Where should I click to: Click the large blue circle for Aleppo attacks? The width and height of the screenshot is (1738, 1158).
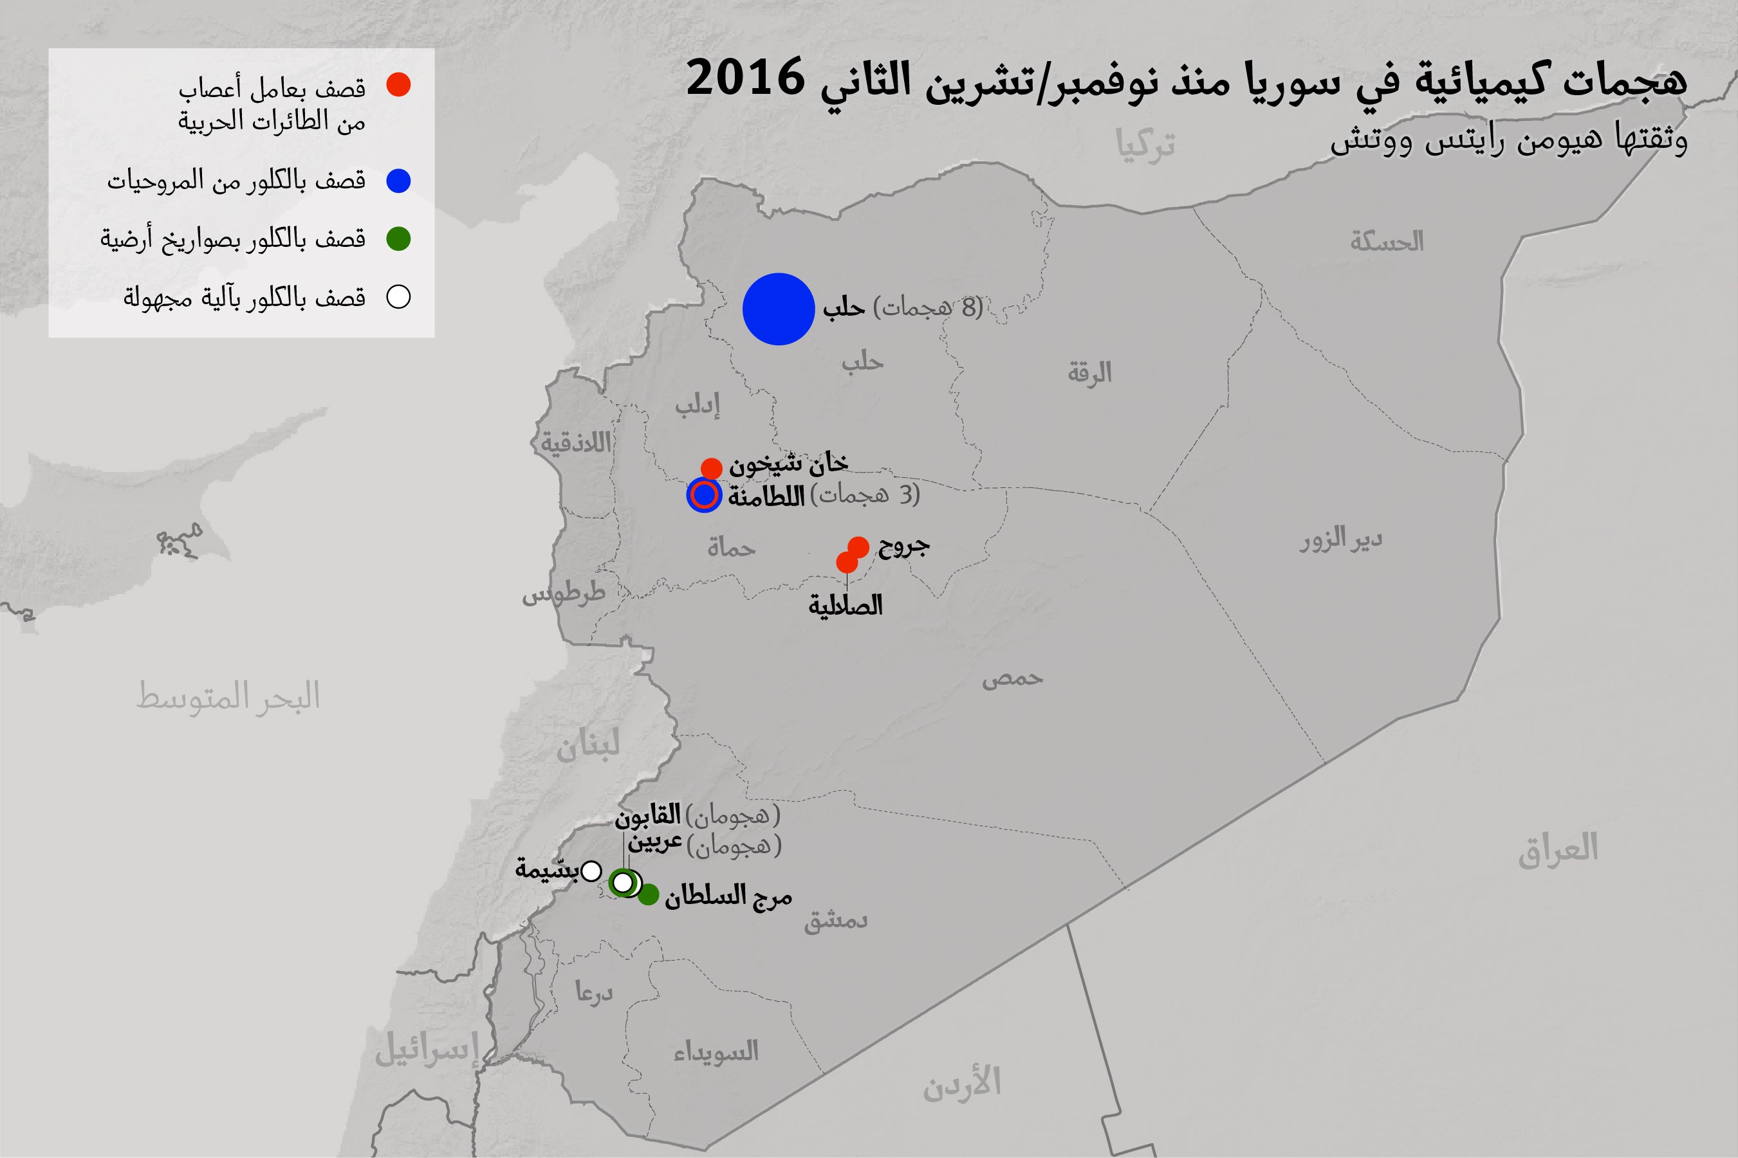778,309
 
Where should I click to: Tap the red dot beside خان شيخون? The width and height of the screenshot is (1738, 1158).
711,467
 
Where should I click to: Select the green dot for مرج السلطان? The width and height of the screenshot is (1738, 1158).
648,895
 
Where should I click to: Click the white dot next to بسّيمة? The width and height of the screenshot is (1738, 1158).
591,871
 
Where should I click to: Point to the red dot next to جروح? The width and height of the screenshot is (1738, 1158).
858,547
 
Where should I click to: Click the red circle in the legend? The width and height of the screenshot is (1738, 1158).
398,85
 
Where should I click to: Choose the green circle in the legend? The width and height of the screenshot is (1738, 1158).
398,239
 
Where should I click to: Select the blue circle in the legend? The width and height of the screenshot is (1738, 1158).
398,181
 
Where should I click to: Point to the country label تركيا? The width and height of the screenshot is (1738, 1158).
1145,146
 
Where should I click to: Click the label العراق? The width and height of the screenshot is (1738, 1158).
1558,848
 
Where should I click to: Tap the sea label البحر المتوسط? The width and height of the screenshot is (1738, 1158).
228,696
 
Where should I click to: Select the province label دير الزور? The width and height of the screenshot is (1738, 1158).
1341,541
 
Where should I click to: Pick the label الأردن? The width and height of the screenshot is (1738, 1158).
961,1083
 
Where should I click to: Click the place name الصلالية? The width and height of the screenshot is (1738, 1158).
846,606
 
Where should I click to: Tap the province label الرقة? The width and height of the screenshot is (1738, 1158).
1089,374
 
